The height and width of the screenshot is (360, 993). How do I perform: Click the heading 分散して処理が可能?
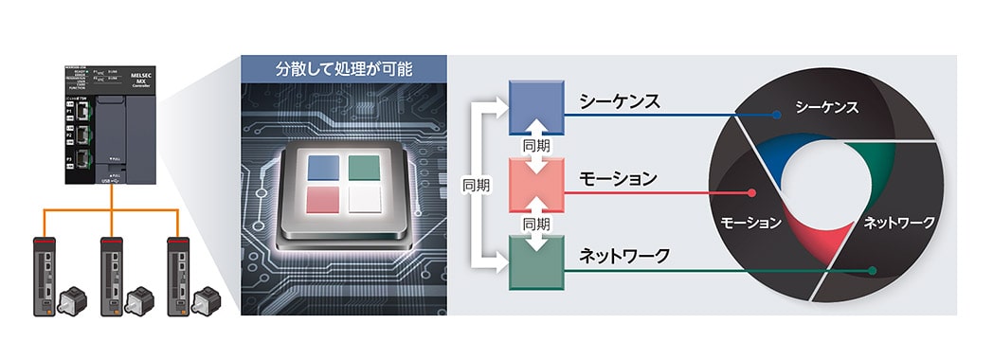[x=344, y=69]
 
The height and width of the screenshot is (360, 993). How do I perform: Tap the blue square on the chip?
[x=323, y=168]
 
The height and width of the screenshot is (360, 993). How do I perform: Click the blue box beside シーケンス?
[x=537, y=106]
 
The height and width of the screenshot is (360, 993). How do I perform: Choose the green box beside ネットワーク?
[x=537, y=261]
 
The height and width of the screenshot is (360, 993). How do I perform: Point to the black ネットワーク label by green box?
[x=624, y=256]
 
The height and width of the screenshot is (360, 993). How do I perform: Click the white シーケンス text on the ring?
[x=826, y=107]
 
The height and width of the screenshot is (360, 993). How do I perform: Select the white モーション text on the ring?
[x=750, y=223]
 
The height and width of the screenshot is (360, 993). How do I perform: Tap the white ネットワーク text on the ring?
[x=898, y=223]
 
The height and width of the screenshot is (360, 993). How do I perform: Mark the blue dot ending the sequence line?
[x=777, y=116]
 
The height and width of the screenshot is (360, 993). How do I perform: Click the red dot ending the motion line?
[x=751, y=193]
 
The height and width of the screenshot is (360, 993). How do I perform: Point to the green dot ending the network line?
[x=872, y=271]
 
